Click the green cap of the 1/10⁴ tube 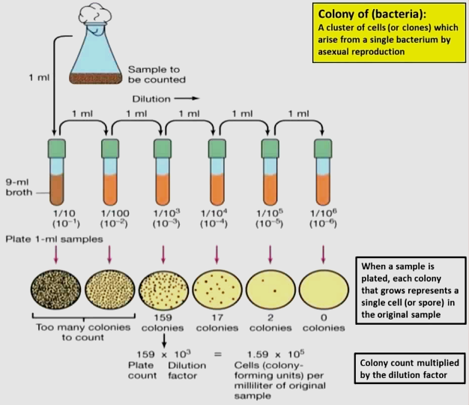tap(217, 148)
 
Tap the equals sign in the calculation tap(217, 354)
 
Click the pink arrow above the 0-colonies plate tap(323, 255)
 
